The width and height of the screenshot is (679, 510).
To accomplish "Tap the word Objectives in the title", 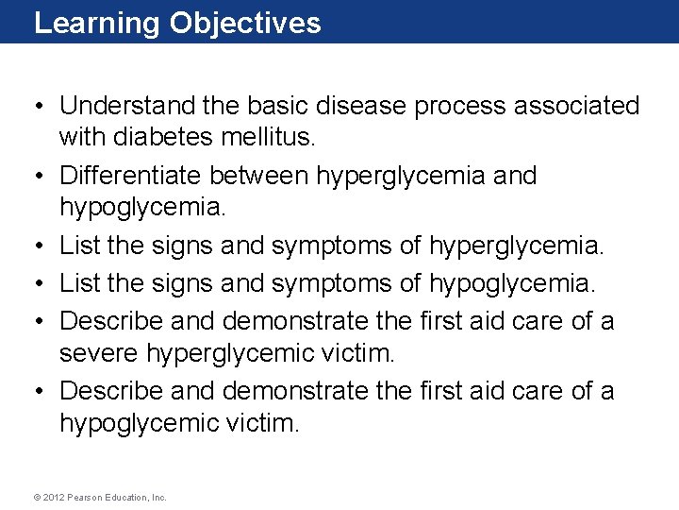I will [245, 24].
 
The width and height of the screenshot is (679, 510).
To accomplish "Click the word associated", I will [576, 106].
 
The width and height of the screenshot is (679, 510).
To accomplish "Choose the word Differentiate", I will [131, 176].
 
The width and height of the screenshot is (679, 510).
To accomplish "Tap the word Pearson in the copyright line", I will [88, 497].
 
